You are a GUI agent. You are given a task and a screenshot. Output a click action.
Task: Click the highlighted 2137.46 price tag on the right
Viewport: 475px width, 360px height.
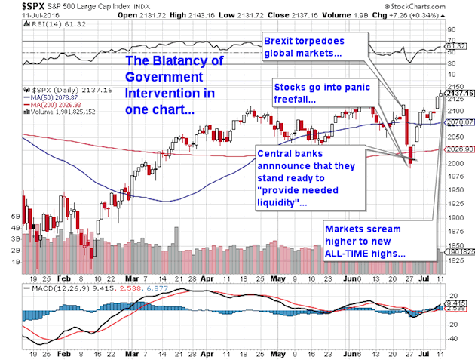(x=457, y=93)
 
